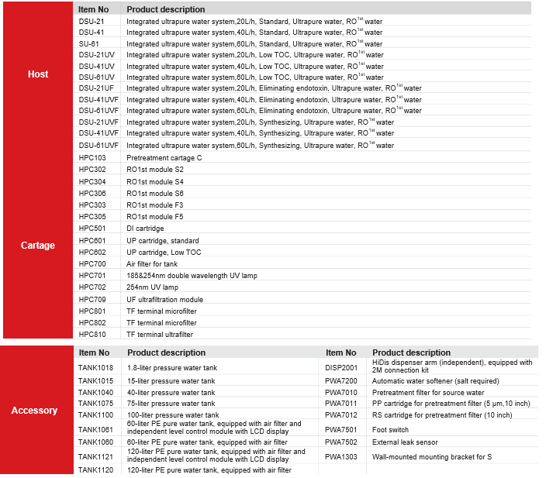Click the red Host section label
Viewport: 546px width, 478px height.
[37, 74]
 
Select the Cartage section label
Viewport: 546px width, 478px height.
[37, 246]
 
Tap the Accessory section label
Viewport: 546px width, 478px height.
[34, 411]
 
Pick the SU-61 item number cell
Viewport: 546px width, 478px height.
[88, 43]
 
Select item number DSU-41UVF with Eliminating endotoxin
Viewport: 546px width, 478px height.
[98, 100]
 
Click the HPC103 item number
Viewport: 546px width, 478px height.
[92, 157]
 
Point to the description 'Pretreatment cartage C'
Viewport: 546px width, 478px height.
[164, 157]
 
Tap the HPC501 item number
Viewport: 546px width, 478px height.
[92, 229]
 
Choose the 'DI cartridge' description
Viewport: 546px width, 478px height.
[145, 229]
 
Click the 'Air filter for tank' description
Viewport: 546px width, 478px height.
[152, 264]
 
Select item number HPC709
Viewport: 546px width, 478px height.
[92, 299]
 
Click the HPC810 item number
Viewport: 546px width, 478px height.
[92, 335]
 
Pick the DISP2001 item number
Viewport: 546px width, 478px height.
[341, 366]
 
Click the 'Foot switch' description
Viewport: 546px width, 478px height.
[390, 429]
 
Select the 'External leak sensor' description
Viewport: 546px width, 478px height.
[405, 442]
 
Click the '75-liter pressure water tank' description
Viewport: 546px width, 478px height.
[171, 403]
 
